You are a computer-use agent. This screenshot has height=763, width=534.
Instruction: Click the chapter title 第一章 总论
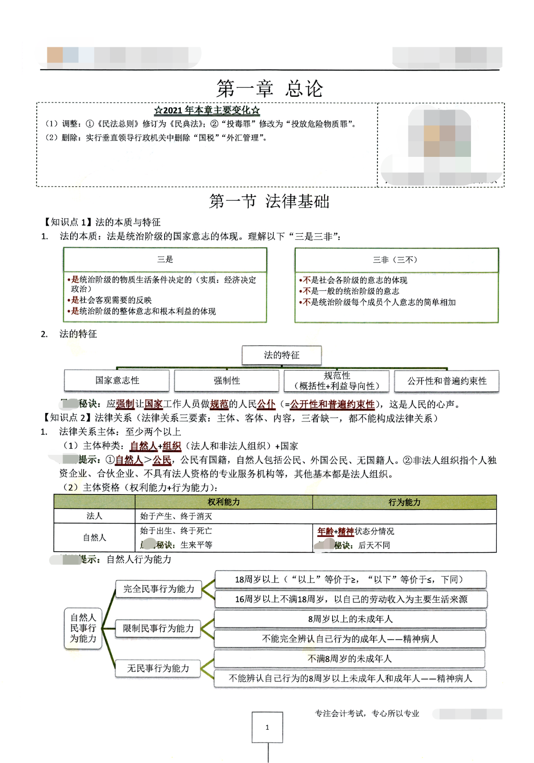(270, 89)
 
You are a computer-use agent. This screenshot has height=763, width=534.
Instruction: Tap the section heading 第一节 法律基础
(269, 201)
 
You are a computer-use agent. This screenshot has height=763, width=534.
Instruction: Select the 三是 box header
(165, 259)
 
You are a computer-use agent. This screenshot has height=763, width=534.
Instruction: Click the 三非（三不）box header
(396, 260)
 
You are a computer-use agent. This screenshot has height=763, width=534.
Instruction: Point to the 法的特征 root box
(282, 355)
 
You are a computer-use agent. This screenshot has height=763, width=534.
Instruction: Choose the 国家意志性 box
(117, 381)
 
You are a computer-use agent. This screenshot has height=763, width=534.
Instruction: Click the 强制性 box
(227, 381)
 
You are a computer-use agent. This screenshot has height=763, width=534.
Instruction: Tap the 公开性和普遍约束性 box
(447, 381)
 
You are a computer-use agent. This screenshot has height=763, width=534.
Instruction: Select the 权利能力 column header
(223, 502)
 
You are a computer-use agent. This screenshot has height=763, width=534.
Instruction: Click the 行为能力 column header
(404, 502)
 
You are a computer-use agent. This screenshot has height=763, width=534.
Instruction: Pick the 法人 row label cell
(94, 516)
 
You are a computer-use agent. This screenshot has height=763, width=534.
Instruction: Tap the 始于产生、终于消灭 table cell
(176, 516)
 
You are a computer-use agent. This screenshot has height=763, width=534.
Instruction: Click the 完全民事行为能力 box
(159, 589)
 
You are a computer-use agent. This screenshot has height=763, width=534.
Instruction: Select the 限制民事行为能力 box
(158, 629)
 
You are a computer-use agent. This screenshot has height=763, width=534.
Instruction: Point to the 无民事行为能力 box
(158, 669)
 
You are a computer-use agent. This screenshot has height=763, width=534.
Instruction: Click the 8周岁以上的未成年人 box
(350, 619)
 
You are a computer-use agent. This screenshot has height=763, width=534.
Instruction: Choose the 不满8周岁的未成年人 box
(350, 659)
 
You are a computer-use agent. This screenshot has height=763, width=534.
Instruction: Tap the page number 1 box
(267, 727)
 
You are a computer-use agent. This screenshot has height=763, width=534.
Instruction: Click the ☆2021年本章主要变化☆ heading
(207, 110)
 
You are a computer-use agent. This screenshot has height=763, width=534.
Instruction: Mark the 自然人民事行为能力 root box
(84, 628)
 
